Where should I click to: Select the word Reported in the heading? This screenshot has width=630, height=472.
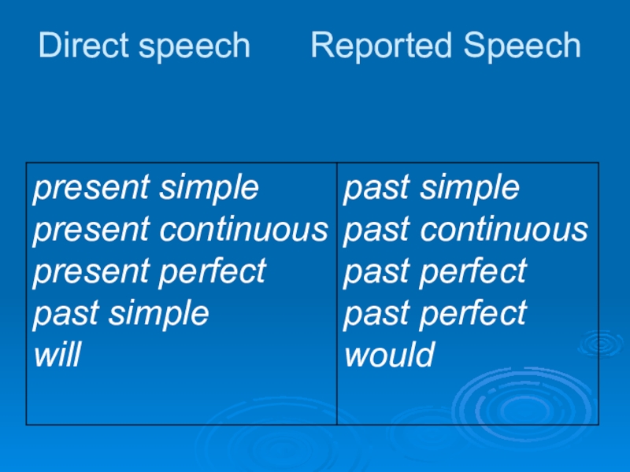tap(381, 47)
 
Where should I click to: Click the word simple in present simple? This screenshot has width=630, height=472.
tap(209, 190)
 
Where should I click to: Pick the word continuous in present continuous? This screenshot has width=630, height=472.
tap(243, 230)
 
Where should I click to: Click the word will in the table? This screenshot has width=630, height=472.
tap(57, 356)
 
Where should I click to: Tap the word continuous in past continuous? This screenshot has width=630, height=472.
tap(504, 230)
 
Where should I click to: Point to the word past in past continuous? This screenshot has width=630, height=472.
tap(377, 231)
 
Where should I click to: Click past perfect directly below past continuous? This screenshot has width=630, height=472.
tap(435, 273)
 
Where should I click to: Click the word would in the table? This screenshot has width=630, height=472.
tap(390, 356)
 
